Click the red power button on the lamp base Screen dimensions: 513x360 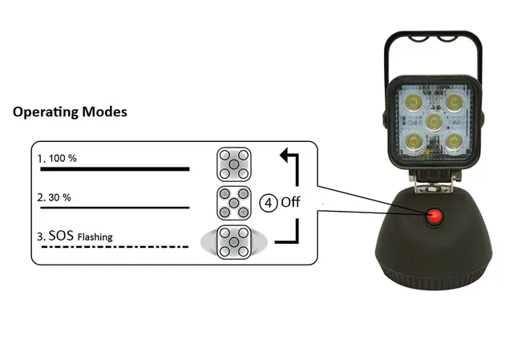[x=434, y=216]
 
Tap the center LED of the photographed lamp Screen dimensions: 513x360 [x=434, y=122]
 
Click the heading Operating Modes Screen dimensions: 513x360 [x=70, y=112]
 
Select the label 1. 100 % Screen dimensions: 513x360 [x=57, y=159]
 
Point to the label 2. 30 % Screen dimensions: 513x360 [x=54, y=197]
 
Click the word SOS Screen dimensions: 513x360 [x=61, y=235]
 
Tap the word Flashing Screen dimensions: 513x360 [x=95, y=237]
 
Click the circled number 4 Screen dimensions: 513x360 [x=269, y=203]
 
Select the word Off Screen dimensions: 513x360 [x=290, y=202]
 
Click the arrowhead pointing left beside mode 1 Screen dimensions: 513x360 [x=284, y=155]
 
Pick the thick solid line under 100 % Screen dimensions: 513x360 [x=115, y=169]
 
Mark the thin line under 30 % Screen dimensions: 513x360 [x=115, y=208]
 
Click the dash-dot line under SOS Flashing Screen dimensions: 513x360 [x=115, y=246]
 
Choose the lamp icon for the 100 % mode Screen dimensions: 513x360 [x=233, y=164]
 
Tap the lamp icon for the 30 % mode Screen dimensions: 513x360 [x=233, y=203]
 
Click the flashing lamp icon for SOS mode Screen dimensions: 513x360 [x=233, y=242]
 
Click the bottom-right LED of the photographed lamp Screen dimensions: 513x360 [x=454, y=142]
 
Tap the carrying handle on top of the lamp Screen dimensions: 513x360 [x=433, y=37]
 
